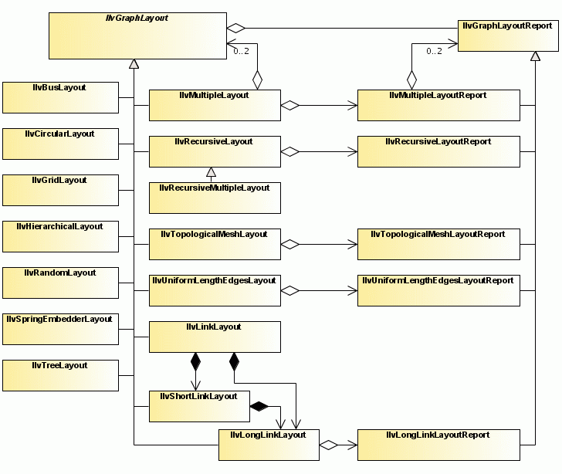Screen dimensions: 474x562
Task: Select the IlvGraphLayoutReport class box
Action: [x=508, y=36]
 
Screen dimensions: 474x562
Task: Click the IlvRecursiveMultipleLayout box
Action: [x=214, y=198]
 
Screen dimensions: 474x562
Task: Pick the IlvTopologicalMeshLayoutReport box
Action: [x=438, y=244]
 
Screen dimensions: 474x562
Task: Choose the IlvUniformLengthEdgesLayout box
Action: [x=214, y=290]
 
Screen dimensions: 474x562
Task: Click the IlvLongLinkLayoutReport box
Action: [x=438, y=445]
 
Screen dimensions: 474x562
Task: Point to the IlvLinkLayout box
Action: [x=214, y=337]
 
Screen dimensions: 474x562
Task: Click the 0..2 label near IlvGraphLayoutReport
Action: [x=434, y=51]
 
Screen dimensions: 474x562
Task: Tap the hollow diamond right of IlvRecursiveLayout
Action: [x=289, y=152]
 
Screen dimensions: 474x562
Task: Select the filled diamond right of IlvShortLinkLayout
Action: [x=259, y=406]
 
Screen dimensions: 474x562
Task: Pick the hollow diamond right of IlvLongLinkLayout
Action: [x=328, y=445]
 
